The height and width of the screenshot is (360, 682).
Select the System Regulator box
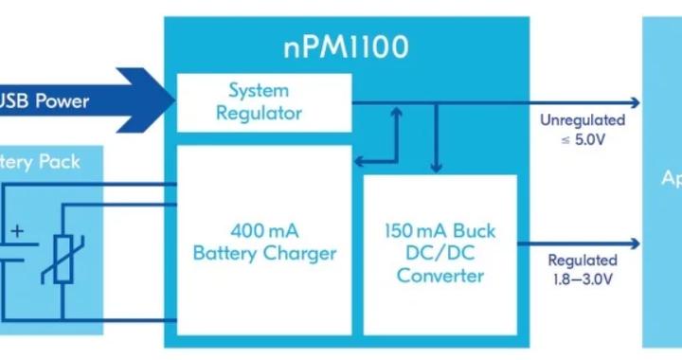click(264, 102)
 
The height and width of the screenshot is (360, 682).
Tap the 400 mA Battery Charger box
click(264, 242)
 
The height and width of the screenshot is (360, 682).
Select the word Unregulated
click(583, 120)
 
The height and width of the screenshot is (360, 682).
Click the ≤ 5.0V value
click(583, 138)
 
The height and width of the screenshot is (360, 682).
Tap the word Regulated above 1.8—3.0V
click(583, 260)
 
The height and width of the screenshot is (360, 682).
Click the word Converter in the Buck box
click(440, 276)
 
